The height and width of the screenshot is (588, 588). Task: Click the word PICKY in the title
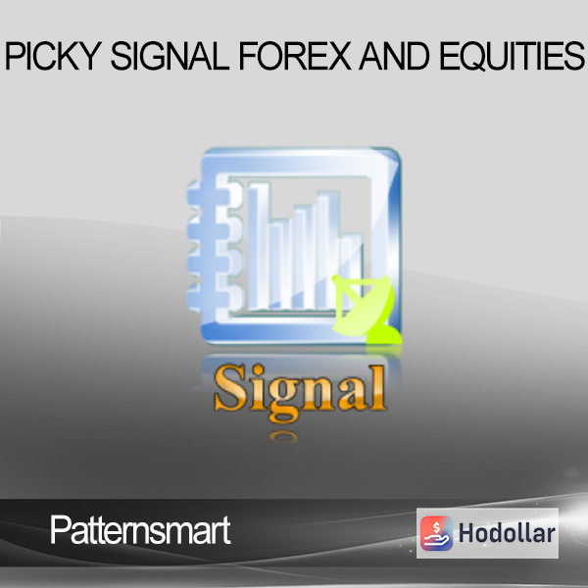coord(53,56)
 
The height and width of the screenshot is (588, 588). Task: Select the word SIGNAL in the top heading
coord(170,56)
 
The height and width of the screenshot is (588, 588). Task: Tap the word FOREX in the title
coord(295,56)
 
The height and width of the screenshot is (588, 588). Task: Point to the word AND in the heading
coord(394,56)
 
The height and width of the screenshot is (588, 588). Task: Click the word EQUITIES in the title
coord(512,56)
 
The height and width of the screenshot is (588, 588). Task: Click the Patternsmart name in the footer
coord(140,530)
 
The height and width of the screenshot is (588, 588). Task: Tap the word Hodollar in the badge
coord(507,533)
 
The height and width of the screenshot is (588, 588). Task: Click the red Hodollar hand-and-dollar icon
coord(436,533)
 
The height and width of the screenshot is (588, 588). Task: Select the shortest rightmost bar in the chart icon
coord(351,272)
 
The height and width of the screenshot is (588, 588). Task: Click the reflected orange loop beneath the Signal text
coord(284,436)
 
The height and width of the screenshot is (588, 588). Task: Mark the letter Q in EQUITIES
coord(475,57)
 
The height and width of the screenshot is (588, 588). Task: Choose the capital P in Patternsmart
coord(60,529)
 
